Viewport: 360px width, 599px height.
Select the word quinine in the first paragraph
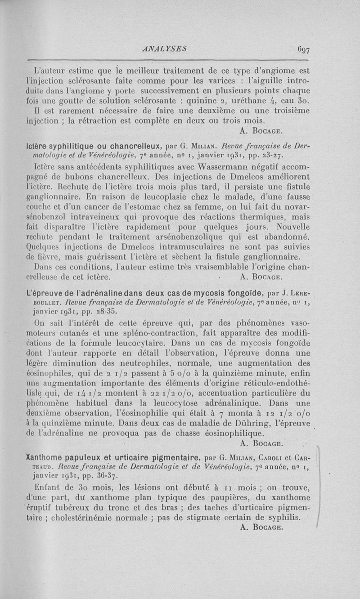click(203, 99)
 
